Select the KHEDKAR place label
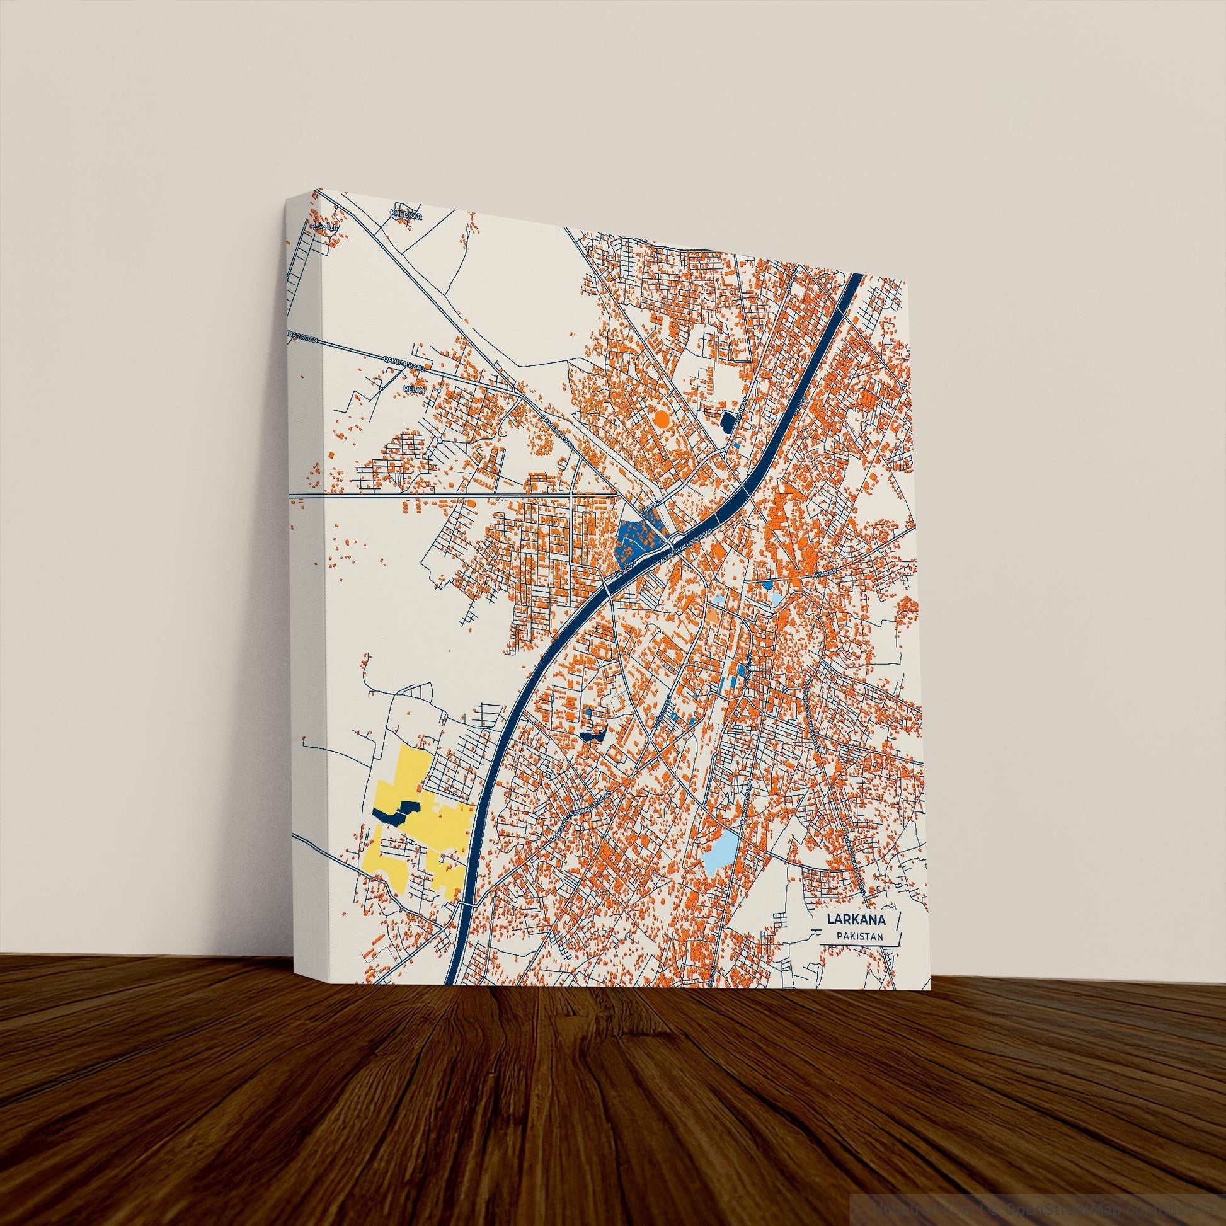[407, 214]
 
